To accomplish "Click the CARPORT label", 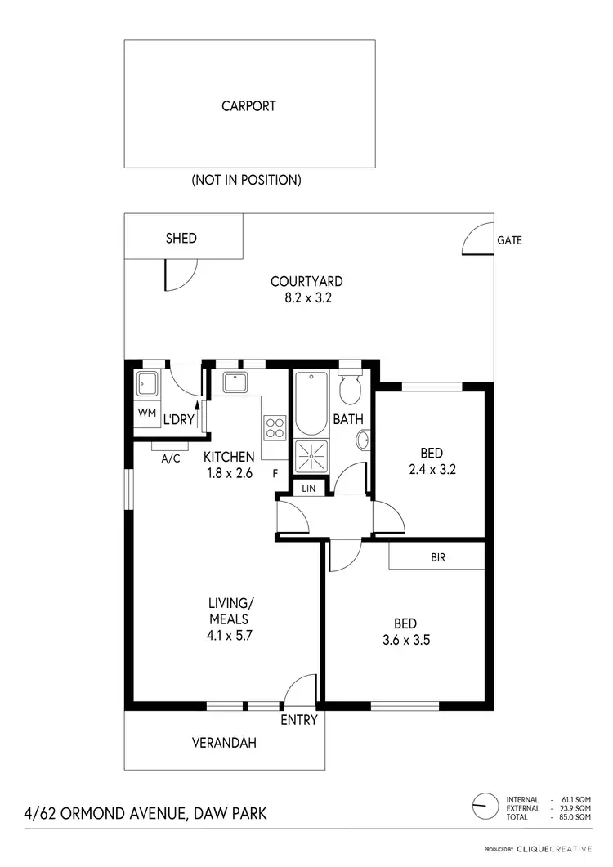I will click(248, 105).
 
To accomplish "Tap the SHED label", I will click(181, 238).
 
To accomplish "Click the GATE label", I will click(509, 240).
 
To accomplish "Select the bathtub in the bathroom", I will click(311, 404).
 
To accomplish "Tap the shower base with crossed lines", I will click(311, 456).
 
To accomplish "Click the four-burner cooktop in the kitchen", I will click(275, 427).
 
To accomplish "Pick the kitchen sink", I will click(235, 382).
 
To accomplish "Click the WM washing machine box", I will click(147, 413).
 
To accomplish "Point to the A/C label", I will click(170, 458).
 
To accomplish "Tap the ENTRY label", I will click(298, 720).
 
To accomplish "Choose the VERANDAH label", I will click(224, 743).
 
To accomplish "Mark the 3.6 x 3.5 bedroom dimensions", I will click(407, 640).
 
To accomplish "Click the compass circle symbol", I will click(485, 806).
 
